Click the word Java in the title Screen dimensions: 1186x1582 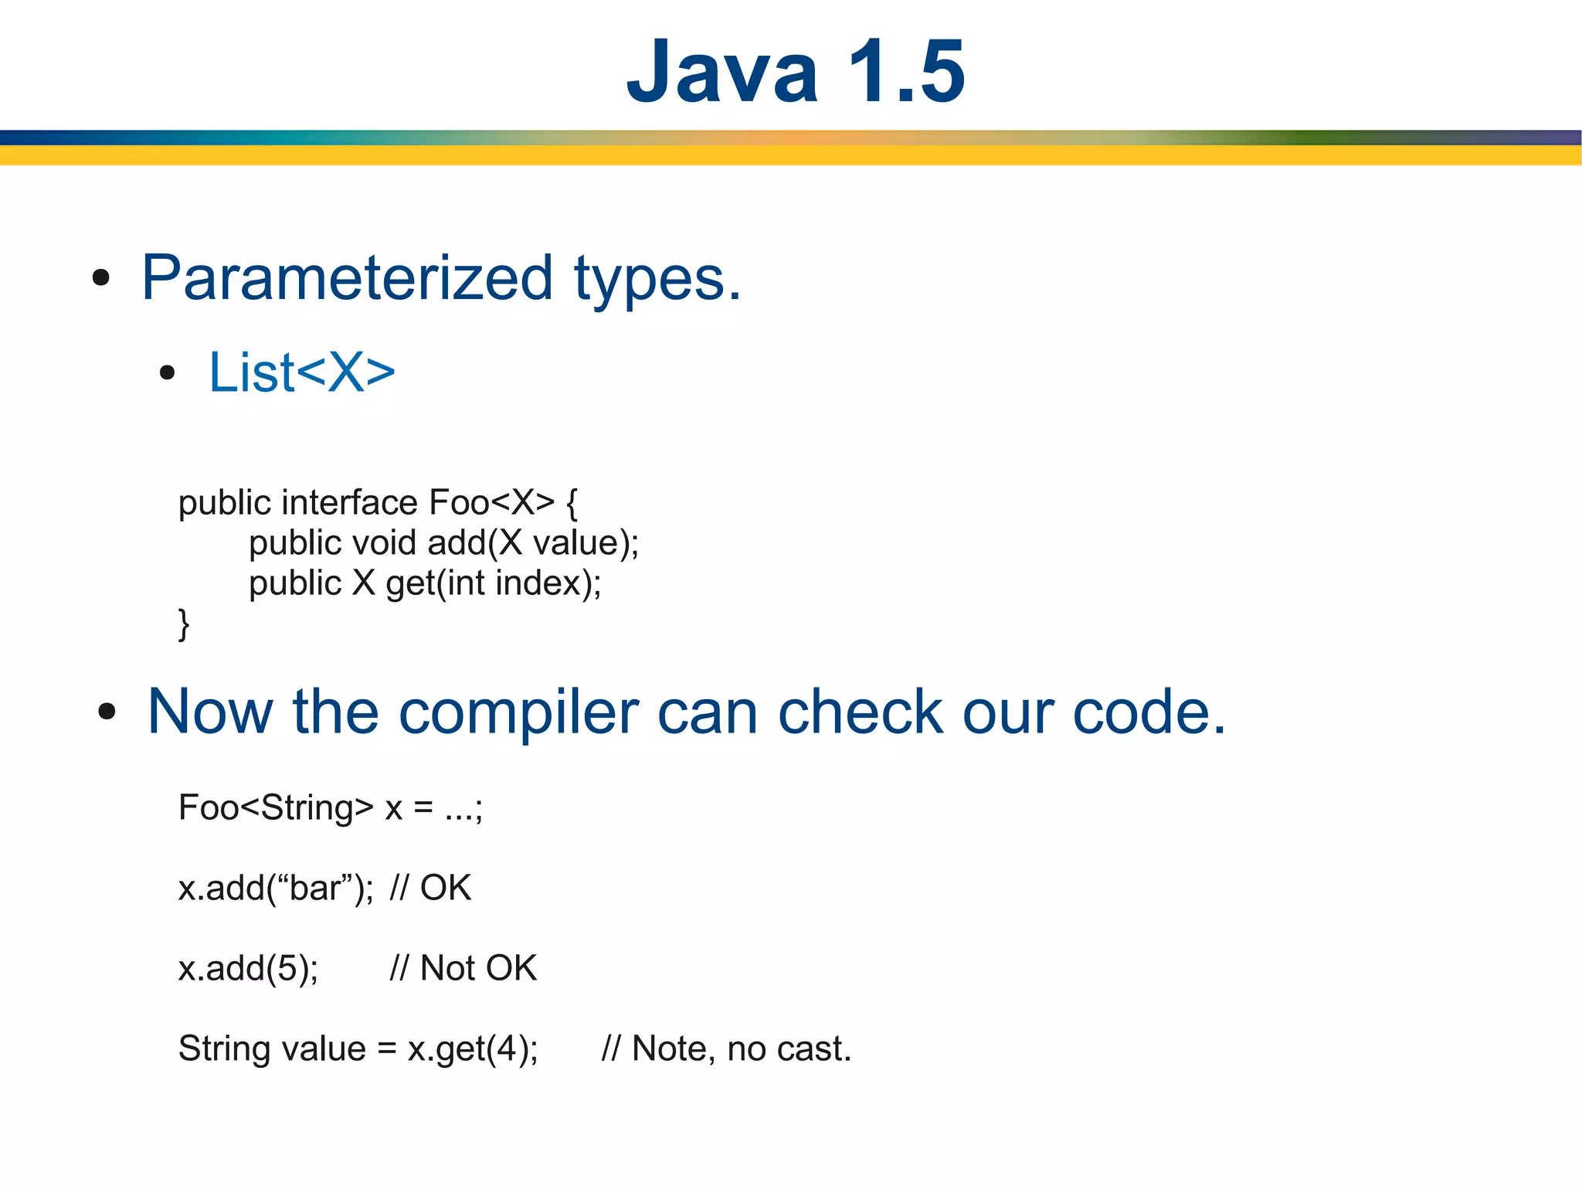[721, 72]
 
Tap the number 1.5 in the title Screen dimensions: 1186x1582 [906, 72]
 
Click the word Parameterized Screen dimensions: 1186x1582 [347, 278]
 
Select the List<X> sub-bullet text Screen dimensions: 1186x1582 [301, 372]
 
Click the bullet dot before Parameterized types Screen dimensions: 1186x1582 [101, 278]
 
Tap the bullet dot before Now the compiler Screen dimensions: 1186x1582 [107, 712]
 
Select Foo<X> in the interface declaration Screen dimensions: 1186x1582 [491, 503]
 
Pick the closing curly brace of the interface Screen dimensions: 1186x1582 [184, 624]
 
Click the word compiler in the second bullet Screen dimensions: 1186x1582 [518, 712]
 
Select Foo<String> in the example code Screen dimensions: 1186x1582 [276, 808]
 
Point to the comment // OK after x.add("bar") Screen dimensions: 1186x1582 [430, 889]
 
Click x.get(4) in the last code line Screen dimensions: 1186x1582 [472, 1049]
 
